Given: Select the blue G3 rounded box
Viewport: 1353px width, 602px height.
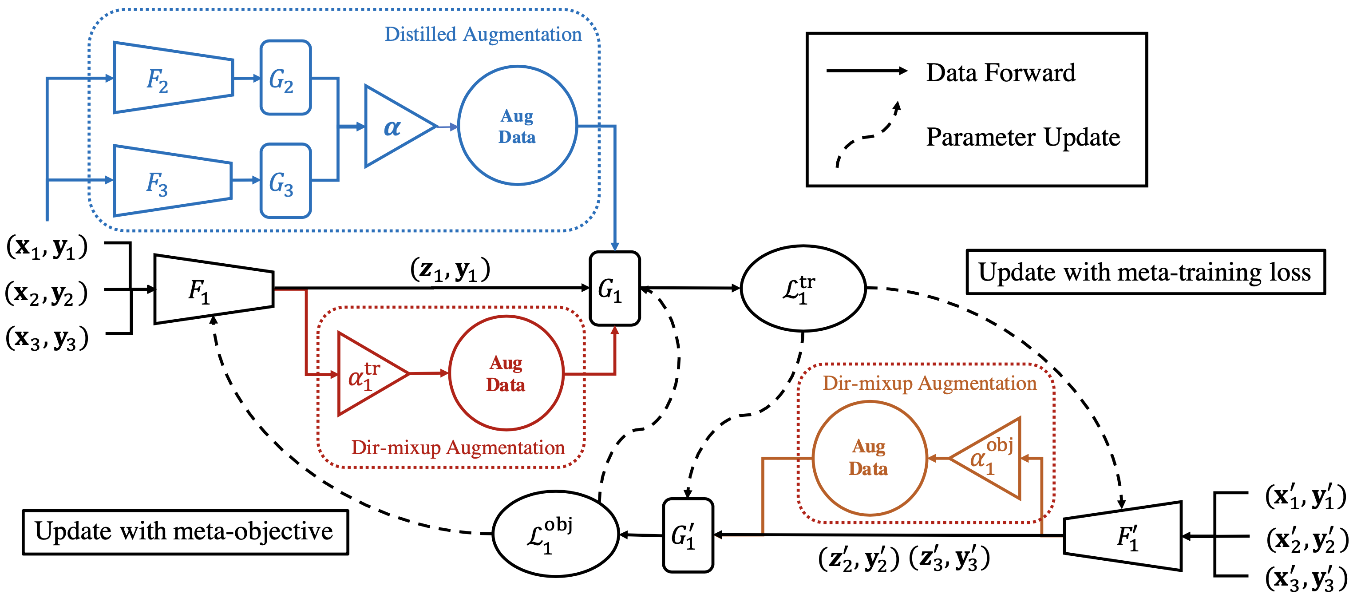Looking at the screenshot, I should pos(285,181).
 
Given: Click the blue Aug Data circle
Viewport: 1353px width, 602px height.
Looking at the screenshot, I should pos(517,126).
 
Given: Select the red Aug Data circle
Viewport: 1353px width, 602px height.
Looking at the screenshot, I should pos(506,373).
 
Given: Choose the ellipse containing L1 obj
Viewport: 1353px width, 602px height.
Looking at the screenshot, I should pos(556,534).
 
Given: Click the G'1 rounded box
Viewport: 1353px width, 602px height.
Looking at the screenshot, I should pos(687,535).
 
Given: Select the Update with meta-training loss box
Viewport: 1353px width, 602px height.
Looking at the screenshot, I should pos(1145,272).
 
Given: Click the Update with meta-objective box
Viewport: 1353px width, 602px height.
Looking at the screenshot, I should pos(185,531).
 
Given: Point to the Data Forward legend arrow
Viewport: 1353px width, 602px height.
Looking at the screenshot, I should pos(866,71).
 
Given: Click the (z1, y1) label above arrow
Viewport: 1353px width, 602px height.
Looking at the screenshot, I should pos(450,269).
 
